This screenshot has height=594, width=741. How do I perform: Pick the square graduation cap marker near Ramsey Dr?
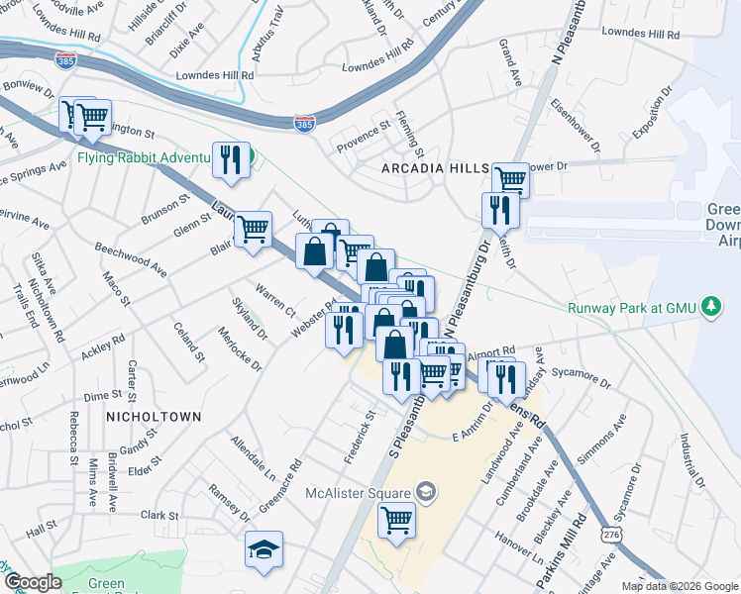pyautogui.click(x=265, y=550)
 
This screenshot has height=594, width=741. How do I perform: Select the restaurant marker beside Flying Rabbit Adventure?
pyautogui.click(x=231, y=160)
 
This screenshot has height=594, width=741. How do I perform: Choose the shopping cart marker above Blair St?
pyautogui.click(x=254, y=230)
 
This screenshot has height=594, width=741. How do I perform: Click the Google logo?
pyautogui.click(x=33, y=582)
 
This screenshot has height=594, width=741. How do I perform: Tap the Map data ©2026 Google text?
pyautogui.click(x=679, y=586)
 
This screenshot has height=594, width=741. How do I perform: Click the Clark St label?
pyautogui.click(x=159, y=516)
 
